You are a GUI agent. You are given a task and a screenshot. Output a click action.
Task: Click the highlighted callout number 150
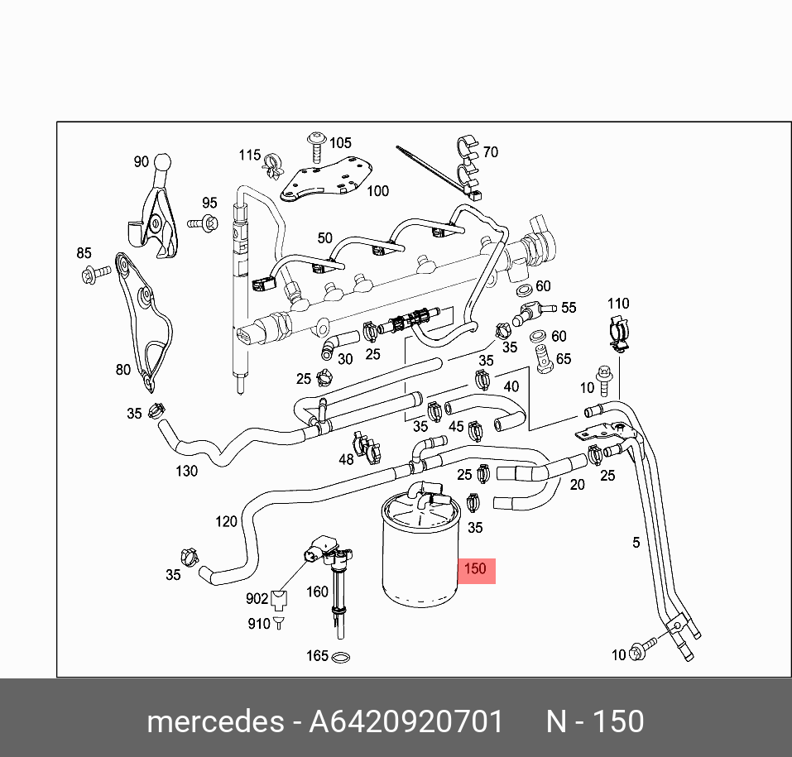click(x=475, y=569)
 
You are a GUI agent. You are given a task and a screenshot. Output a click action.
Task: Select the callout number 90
click(x=142, y=161)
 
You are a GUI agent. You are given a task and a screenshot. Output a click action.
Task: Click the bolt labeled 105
click(x=317, y=147)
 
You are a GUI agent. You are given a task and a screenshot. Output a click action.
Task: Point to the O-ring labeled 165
click(x=340, y=657)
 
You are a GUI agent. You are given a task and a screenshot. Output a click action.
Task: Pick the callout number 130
click(x=186, y=472)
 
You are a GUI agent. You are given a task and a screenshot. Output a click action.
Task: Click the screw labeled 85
click(x=95, y=274)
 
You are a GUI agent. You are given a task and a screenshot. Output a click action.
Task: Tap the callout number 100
click(x=378, y=191)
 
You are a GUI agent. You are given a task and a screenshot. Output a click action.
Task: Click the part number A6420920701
click(x=406, y=721)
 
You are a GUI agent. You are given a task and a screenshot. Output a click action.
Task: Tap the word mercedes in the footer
click(x=215, y=721)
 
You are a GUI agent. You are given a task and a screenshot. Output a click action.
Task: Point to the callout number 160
click(x=317, y=592)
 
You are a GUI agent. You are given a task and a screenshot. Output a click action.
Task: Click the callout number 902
click(x=257, y=598)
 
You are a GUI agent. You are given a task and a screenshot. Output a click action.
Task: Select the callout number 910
click(x=259, y=624)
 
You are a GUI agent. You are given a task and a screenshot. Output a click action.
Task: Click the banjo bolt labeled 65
click(x=544, y=358)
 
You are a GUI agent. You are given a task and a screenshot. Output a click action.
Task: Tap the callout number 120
click(x=226, y=521)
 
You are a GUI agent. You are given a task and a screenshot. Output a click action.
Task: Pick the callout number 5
click(x=636, y=543)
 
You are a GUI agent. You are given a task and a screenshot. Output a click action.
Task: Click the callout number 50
click(x=324, y=238)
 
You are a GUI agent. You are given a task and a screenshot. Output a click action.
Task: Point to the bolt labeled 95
click(x=203, y=223)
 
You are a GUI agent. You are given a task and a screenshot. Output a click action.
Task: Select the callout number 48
click(x=346, y=459)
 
